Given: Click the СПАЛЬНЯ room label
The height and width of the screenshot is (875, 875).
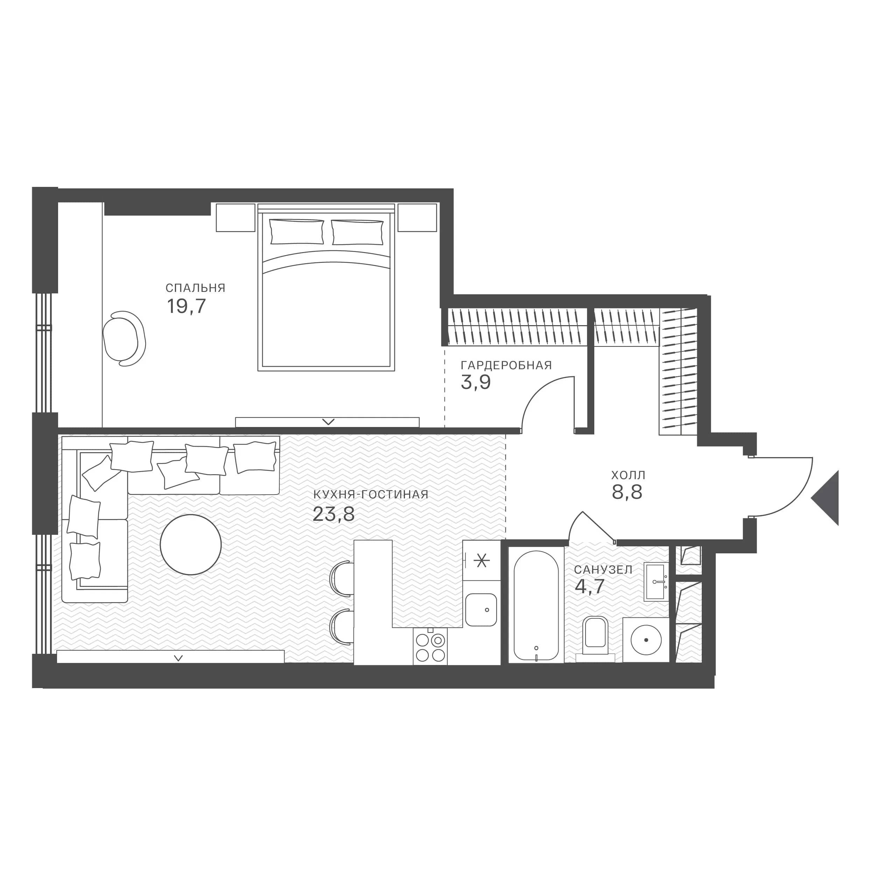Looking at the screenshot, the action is click(x=195, y=288).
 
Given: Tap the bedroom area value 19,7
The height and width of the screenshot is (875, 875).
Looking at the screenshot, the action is click(x=187, y=307).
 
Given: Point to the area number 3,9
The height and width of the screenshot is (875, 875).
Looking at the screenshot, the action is click(x=476, y=383).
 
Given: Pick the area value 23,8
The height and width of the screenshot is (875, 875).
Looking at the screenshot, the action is click(x=334, y=514).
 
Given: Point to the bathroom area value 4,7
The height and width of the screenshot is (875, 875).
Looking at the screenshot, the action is click(x=590, y=587).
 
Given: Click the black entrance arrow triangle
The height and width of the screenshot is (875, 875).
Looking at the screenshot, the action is click(x=826, y=498).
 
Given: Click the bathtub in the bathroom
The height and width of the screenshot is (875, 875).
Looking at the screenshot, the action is click(x=536, y=605).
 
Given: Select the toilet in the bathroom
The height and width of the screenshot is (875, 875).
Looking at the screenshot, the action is click(x=596, y=635).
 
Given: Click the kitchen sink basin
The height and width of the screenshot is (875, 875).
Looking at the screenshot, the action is click(x=481, y=610).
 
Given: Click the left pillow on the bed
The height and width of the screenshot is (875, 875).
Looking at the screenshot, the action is click(x=297, y=232).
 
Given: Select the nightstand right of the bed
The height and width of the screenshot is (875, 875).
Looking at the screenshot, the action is click(x=417, y=217).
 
